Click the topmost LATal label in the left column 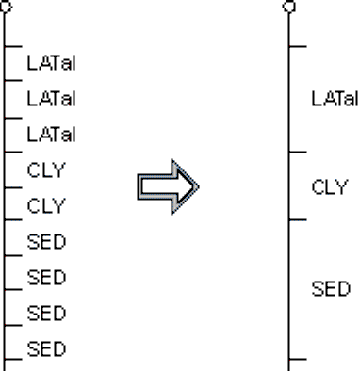52,63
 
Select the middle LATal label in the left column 52,99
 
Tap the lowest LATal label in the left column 52,135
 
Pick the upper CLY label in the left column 46,170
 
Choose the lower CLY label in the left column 46,206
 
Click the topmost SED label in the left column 46,242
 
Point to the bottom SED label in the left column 46,348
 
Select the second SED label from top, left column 46,278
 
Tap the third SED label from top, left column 46,314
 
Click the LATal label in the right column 335,99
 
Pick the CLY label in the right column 330,187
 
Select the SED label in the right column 331,289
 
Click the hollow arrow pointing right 168,187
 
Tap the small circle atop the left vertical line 6,7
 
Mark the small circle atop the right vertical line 289,7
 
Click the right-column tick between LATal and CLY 298,153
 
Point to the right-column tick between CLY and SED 298,220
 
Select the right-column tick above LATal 298,46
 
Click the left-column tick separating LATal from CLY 13,153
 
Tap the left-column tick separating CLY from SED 13,220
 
